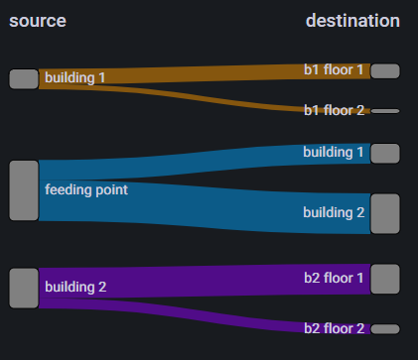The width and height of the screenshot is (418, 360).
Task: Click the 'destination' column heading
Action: click(352, 21)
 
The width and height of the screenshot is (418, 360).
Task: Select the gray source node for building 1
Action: click(23, 79)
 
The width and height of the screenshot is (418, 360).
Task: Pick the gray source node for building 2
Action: click(23, 287)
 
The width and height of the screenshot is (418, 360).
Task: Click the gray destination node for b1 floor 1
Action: click(384, 70)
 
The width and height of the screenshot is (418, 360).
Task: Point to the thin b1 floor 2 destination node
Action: click(384, 111)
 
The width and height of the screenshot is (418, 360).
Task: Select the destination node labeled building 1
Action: click(384, 153)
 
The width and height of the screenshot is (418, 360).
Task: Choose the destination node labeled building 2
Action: click(384, 213)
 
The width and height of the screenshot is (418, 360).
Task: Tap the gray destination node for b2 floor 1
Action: click(384, 279)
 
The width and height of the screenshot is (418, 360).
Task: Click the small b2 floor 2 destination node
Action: click(384, 328)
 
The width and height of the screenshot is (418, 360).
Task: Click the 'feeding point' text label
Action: click(86, 188)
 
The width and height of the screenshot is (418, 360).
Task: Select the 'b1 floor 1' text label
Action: click(335, 70)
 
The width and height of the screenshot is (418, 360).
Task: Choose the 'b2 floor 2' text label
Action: click(335, 328)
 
